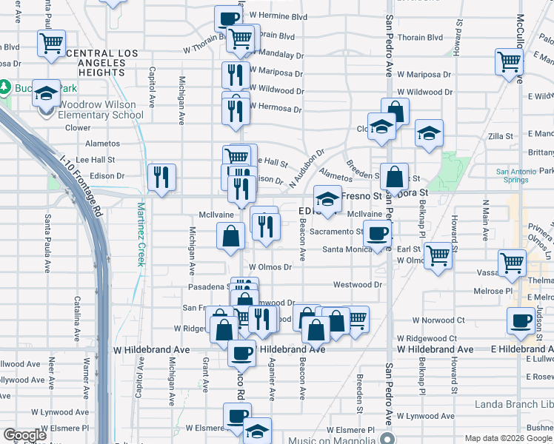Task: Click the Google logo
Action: (x=25, y=435)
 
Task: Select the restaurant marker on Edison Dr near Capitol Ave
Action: (x=161, y=177)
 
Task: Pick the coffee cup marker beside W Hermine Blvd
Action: (x=229, y=18)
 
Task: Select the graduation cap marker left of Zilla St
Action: (x=429, y=133)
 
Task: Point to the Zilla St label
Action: (x=501, y=137)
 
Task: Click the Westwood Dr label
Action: (x=357, y=284)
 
